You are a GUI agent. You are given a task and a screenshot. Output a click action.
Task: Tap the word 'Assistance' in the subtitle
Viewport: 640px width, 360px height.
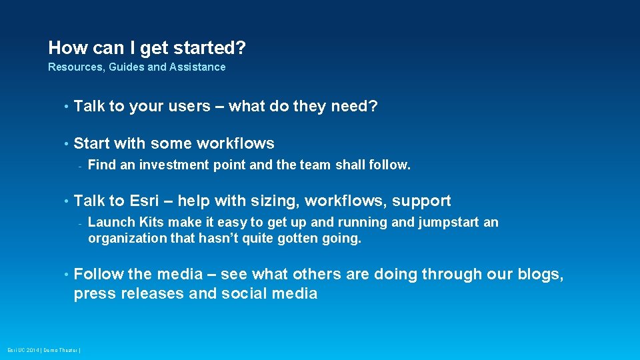pos(197,67)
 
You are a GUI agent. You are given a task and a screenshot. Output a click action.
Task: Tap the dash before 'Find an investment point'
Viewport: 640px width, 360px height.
pos(79,165)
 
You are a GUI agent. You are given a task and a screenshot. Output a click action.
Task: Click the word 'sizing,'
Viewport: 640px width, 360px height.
pos(273,201)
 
